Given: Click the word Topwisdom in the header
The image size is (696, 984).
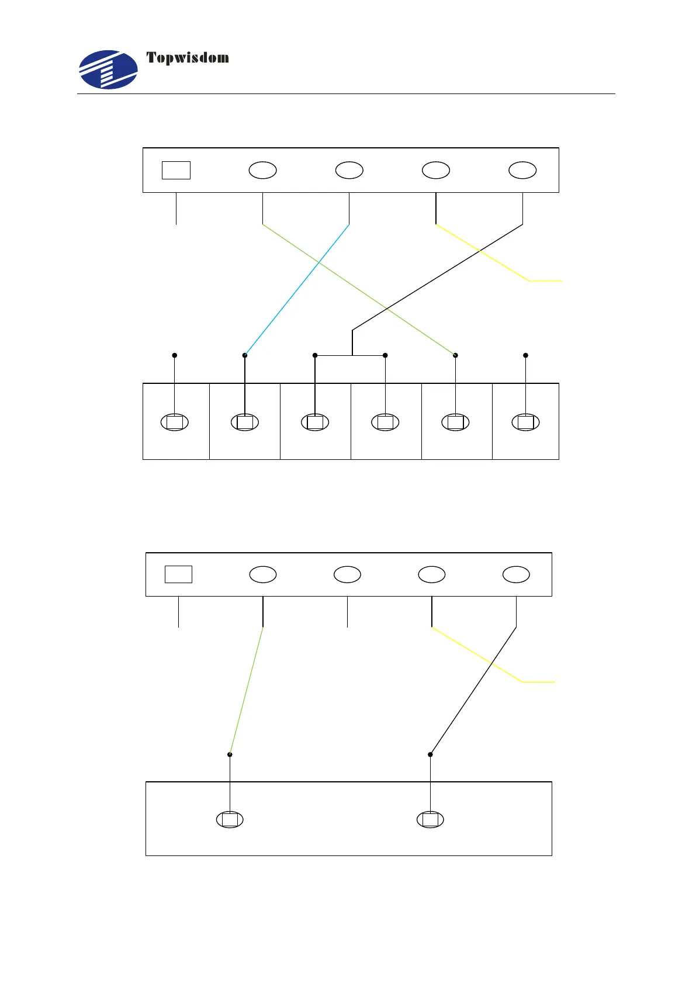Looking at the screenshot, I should [187, 58].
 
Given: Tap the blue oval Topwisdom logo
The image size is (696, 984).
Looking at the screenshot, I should [109, 70].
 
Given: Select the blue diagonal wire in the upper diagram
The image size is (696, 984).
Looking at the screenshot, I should [297, 290].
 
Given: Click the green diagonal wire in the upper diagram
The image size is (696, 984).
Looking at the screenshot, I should [359, 290].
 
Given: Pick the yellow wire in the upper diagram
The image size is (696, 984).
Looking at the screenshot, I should [485, 253].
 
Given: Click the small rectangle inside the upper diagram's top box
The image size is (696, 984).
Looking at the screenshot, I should [176, 170].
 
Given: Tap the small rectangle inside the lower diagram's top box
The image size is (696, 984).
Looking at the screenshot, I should [178, 574].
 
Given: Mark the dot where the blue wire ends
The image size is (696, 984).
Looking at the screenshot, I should [245, 355].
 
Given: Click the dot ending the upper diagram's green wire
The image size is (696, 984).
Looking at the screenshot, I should [455, 355].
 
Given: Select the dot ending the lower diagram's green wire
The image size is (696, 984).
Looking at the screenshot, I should [230, 754].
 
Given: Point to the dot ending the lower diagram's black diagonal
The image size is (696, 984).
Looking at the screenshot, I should [430, 754].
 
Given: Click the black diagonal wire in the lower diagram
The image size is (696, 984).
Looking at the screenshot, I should [473, 691].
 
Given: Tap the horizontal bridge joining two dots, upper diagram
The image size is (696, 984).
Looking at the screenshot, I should [350, 355].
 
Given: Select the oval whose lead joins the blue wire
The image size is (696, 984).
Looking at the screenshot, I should [349, 170].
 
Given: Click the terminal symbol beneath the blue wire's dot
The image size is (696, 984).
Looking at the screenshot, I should [245, 422].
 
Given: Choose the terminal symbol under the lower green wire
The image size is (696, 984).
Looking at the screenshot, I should [230, 820].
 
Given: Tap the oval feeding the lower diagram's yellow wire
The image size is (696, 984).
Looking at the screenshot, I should [431, 574].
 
